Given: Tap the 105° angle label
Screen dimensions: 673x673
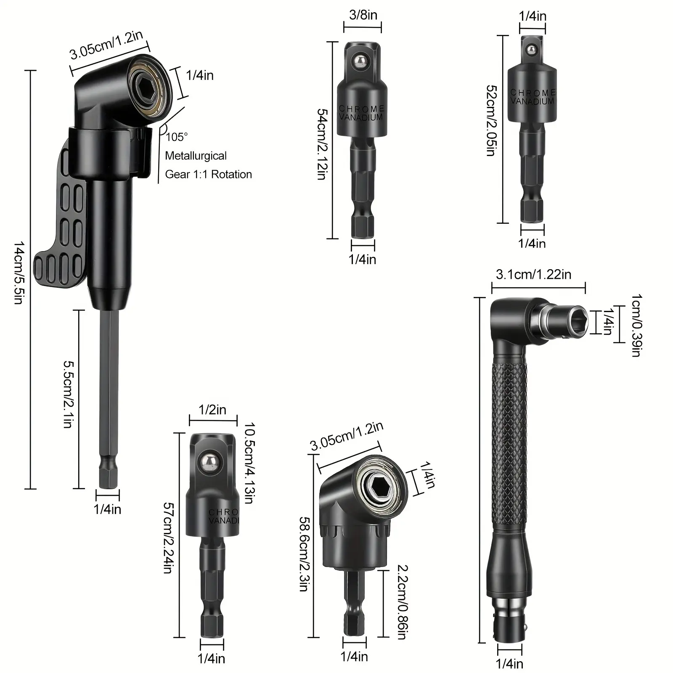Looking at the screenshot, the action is click(x=177, y=137).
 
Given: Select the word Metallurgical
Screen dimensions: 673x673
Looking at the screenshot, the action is click(x=196, y=156).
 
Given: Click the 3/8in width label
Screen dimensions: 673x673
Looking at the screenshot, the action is click(x=363, y=15).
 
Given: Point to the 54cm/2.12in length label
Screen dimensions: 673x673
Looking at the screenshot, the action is click(x=322, y=144).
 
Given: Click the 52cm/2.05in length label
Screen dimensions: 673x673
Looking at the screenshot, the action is click(x=491, y=121).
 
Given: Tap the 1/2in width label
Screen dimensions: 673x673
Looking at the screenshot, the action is click(x=212, y=409).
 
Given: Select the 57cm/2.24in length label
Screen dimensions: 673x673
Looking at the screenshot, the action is click(x=168, y=538).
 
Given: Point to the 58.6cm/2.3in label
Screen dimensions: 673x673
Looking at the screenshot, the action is click(x=304, y=554).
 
